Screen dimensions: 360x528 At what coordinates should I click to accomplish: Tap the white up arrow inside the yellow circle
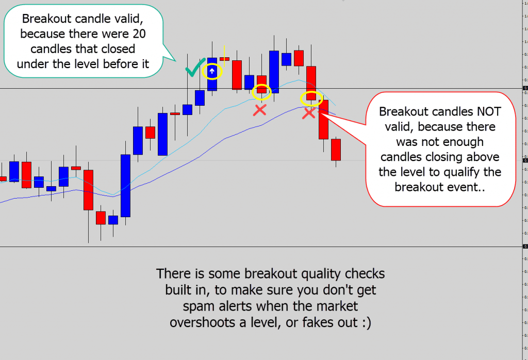click(x=212, y=71)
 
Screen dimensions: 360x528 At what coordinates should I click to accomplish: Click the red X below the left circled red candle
click(x=260, y=109)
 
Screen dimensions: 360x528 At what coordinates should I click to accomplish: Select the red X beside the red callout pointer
click(x=309, y=113)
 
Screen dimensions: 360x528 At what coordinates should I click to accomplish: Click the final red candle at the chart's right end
click(x=336, y=149)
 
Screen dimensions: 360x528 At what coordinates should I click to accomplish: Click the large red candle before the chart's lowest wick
click(x=88, y=189)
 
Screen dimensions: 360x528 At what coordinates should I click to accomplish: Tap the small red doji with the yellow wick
click(x=224, y=59)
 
